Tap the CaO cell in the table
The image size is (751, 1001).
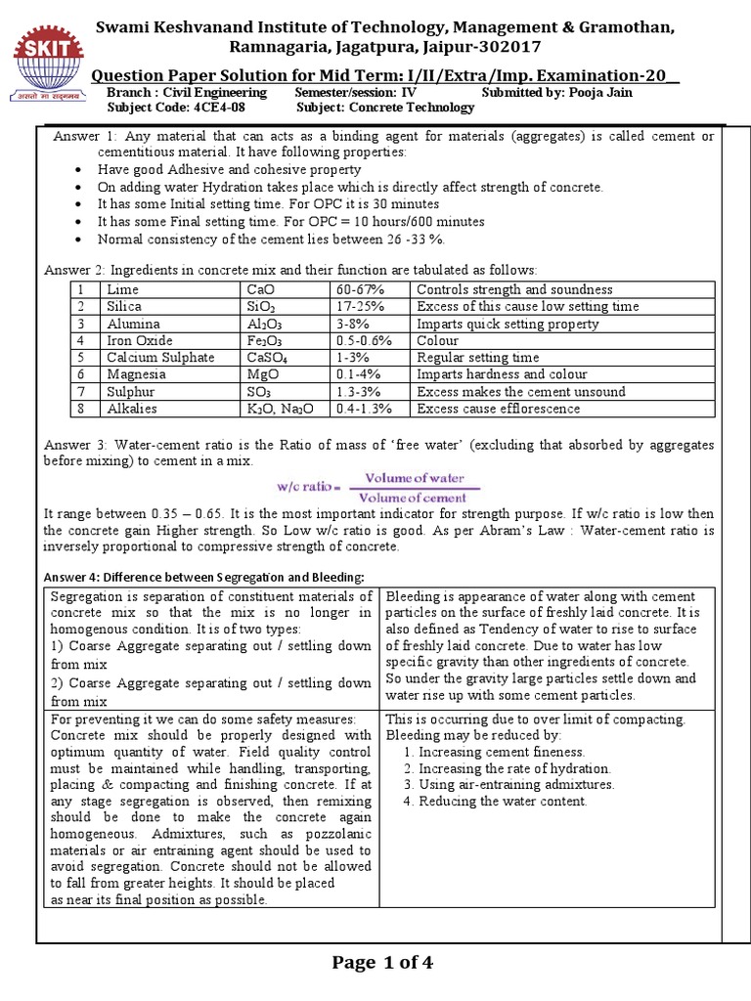261,289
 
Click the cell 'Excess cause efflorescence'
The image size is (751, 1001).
498,409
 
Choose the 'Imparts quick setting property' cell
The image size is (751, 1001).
508,324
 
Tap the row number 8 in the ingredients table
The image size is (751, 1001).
84,409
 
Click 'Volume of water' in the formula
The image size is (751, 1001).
408,478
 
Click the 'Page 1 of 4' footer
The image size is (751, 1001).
382,963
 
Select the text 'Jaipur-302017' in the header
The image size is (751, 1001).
484,47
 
